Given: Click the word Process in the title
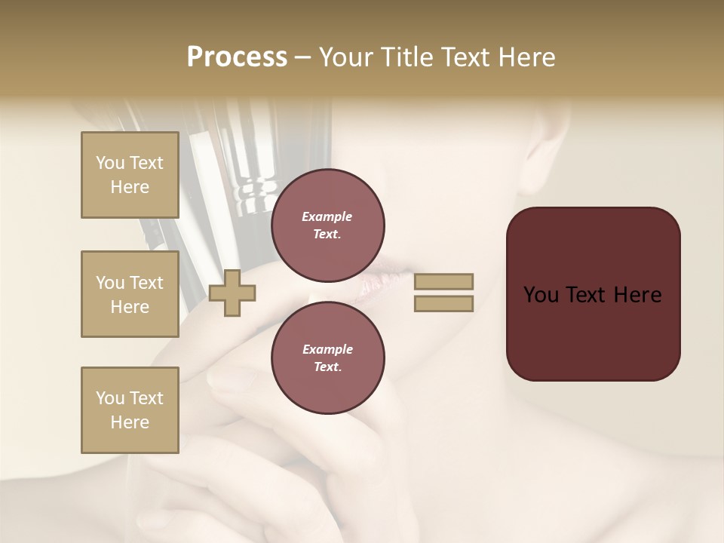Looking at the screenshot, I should point(237,57).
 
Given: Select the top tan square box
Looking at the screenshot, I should point(130,175).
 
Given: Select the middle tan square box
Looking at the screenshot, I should point(130,294).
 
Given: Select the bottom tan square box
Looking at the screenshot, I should point(130,410).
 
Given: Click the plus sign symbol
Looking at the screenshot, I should point(232,293).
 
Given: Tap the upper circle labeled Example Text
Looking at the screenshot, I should point(327,225).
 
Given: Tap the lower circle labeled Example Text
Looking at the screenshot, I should point(327,357).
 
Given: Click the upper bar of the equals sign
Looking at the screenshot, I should point(443,281).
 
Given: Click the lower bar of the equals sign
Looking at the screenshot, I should point(443,304).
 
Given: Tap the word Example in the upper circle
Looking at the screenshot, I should point(327,216).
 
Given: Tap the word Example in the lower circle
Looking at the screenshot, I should point(327,349).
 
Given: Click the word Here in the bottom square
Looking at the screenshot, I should point(130,422).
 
